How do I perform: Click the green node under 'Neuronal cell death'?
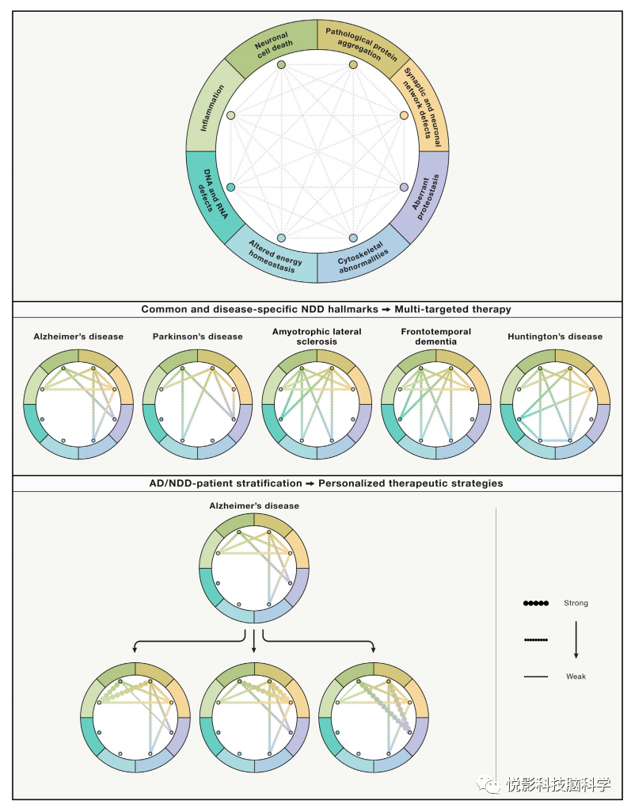(281, 65)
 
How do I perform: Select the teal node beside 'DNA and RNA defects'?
(231, 188)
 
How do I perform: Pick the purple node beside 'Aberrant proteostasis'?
(404, 188)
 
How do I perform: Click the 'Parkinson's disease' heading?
(197, 337)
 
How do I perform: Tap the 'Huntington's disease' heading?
(555, 337)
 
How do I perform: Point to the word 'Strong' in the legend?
(576, 604)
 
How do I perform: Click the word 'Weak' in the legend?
(576, 677)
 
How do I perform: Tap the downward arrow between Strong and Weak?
(576, 640)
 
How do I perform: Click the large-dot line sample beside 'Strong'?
(535, 604)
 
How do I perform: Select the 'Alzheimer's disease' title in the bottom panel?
(254, 505)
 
